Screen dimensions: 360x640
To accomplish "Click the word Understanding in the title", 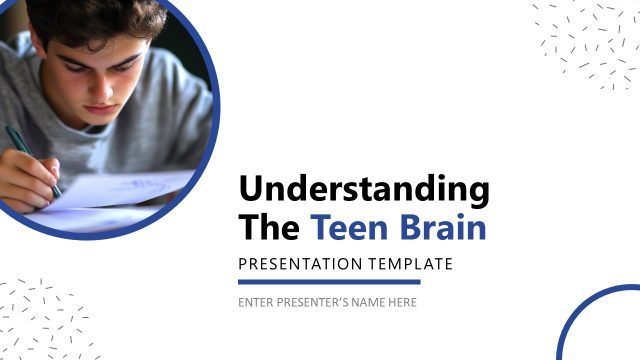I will click(x=364, y=190).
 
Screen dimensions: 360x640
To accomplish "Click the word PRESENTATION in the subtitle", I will click(x=300, y=264).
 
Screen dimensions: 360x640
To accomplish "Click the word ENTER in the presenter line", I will click(x=254, y=302).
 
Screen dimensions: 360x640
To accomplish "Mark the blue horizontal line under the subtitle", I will click(x=329, y=282).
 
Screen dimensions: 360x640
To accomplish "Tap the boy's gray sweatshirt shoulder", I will click(x=185, y=110).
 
